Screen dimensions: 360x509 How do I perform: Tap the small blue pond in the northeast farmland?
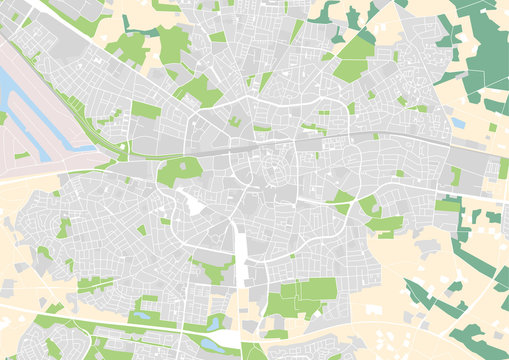tap(458, 122)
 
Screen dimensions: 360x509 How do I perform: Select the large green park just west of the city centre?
tap(177, 170)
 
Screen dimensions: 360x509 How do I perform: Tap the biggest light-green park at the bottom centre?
tap(300, 300)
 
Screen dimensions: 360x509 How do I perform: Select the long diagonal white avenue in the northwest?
tap(90, 45)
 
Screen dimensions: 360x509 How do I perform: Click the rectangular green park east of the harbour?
tap(145, 109)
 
